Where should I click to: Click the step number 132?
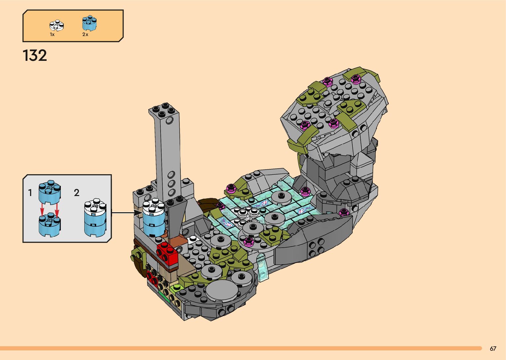pyautogui.click(x=35, y=55)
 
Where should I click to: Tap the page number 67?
pyautogui.click(x=493, y=348)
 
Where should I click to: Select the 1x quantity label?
pyautogui.click(x=52, y=34)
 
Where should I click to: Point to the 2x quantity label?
pyautogui.click(x=85, y=34)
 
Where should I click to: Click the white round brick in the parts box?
pyautogui.click(x=57, y=25)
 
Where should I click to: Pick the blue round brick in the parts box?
pyautogui.click(x=90, y=23)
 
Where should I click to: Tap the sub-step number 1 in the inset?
pyautogui.click(x=30, y=193)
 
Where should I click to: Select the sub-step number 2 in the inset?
pyautogui.click(x=77, y=193)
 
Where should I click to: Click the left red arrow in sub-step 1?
pyautogui.click(x=42, y=210)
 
